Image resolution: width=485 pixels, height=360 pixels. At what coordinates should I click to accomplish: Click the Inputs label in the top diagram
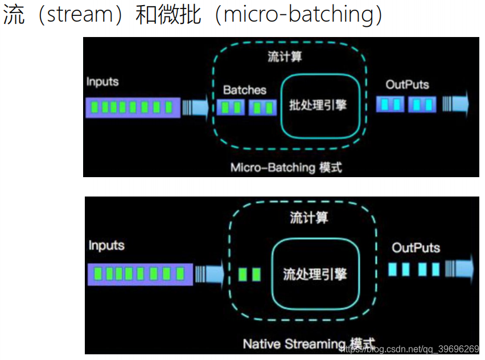click(x=102, y=81)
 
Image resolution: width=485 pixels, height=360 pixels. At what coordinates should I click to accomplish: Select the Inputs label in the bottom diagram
click(x=106, y=246)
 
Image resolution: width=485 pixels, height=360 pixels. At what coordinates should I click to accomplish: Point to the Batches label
click(x=244, y=90)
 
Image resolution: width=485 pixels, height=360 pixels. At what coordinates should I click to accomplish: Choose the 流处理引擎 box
click(x=315, y=274)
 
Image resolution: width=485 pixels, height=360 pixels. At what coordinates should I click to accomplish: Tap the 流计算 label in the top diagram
click(x=285, y=58)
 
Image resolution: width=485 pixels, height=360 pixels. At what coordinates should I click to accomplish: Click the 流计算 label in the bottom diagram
click(x=309, y=218)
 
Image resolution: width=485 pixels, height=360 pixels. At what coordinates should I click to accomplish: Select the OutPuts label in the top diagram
click(x=407, y=85)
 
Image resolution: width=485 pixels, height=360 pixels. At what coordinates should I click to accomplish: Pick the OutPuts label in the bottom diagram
click(x=416, y=248)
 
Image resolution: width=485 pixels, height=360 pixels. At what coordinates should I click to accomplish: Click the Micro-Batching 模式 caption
click(x=286, y=167)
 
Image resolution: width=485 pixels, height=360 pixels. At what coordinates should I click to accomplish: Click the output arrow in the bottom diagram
click(x=460, y=269)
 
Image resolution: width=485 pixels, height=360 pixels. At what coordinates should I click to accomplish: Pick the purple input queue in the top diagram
click(x=133, y=107)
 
